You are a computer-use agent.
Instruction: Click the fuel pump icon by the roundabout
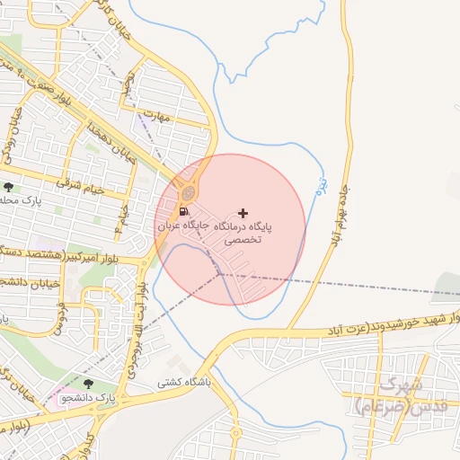[183, 212]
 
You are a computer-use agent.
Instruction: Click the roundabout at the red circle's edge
[188, 192]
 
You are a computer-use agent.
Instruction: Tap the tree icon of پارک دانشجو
[87, 385]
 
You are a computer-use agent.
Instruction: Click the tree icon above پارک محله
[9, 187]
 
